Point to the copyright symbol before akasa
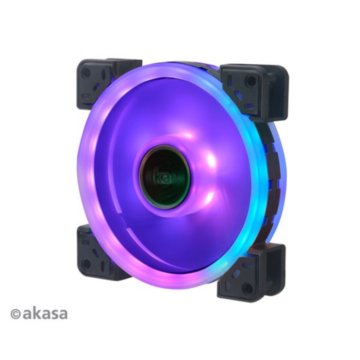coord(15,314)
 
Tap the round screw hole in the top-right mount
coord(250,80)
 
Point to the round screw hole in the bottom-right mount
coord(247,288)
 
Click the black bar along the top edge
coord(180,14)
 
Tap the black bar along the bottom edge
coord(180,345)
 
